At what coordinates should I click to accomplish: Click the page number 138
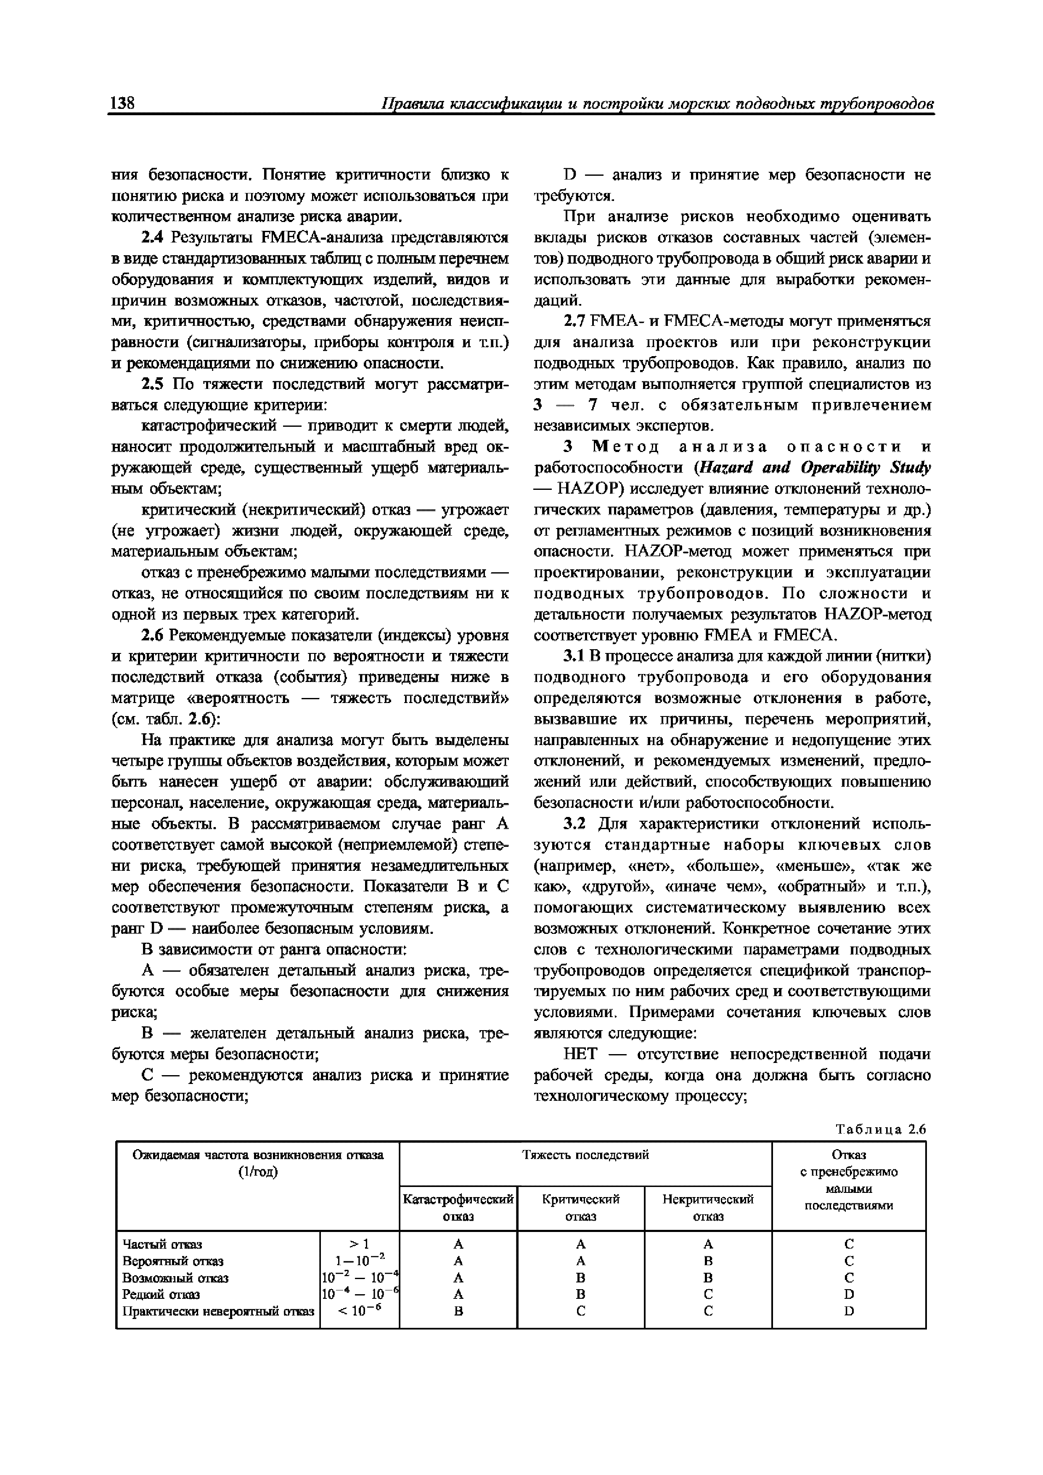tap(122, 103)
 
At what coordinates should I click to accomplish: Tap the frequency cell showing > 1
tap(359, 1244)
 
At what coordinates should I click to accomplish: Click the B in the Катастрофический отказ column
tap(458, 1311)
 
